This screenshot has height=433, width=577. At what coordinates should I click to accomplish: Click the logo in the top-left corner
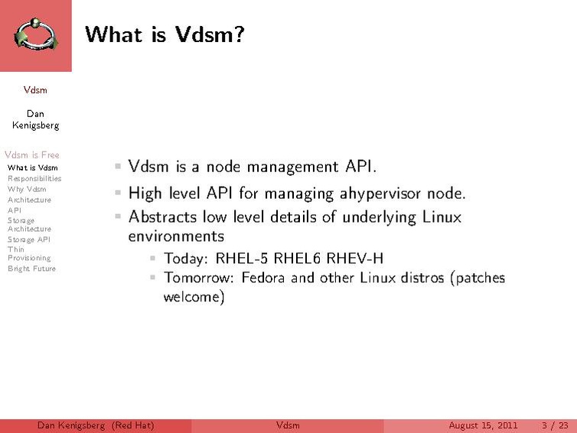click(35, 35)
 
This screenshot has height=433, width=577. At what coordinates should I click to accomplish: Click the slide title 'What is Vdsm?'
click(164, 34)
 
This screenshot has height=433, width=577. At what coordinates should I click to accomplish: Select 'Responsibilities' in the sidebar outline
click(34, 178)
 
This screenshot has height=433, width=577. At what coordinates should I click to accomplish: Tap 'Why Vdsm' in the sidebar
click(27, 189)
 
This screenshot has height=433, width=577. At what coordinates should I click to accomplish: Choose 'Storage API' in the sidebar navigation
click(29, 239)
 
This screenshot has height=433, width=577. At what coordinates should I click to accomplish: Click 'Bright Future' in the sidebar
click(31, 269)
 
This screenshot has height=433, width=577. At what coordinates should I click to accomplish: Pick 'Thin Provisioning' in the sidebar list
click(29, 253)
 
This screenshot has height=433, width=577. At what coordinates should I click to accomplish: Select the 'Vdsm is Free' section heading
click(31, 155)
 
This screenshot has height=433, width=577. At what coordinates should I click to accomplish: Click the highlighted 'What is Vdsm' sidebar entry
click(32, 168)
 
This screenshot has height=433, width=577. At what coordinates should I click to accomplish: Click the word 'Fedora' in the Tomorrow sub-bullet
click(264, 277)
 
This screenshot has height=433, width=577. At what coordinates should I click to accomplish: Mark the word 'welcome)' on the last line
click(194, 296)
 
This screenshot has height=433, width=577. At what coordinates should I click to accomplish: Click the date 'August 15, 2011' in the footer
click(483, 425)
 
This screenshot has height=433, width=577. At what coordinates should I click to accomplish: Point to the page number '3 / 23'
click(555, 425)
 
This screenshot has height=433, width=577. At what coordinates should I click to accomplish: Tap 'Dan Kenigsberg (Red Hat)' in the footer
click(96, 425)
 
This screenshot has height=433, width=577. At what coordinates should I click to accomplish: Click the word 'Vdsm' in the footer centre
click(288, 425)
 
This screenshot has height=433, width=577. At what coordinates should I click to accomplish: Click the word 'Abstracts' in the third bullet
click(159, 216)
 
